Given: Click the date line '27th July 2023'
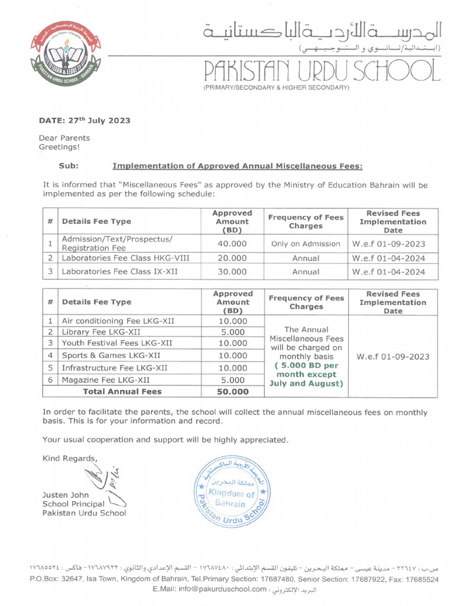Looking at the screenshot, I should coord(85,120).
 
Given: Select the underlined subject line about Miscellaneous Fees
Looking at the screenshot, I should coord(237,166).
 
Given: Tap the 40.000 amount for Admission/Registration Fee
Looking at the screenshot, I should coord(232,243).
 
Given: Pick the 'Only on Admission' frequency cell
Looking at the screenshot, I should coord(306,243).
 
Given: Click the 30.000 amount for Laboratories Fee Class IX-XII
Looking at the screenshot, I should coord(232,272).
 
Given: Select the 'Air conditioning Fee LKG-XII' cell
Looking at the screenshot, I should coord(118,321).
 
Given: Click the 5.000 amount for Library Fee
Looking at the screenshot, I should coord(232,332).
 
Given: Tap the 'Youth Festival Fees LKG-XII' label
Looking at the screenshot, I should coord(117,343).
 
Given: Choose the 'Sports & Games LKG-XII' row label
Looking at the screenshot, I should coord(111,356).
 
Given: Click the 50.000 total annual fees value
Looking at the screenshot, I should coord(232,392).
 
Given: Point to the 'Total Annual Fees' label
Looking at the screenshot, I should coord(122,391).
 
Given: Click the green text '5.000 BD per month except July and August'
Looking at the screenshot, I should coord(306,375).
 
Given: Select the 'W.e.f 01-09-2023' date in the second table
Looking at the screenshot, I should coord(393,357).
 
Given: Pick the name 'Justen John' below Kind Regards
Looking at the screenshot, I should coord(66,495).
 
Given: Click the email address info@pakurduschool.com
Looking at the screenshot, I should coord(210,589).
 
